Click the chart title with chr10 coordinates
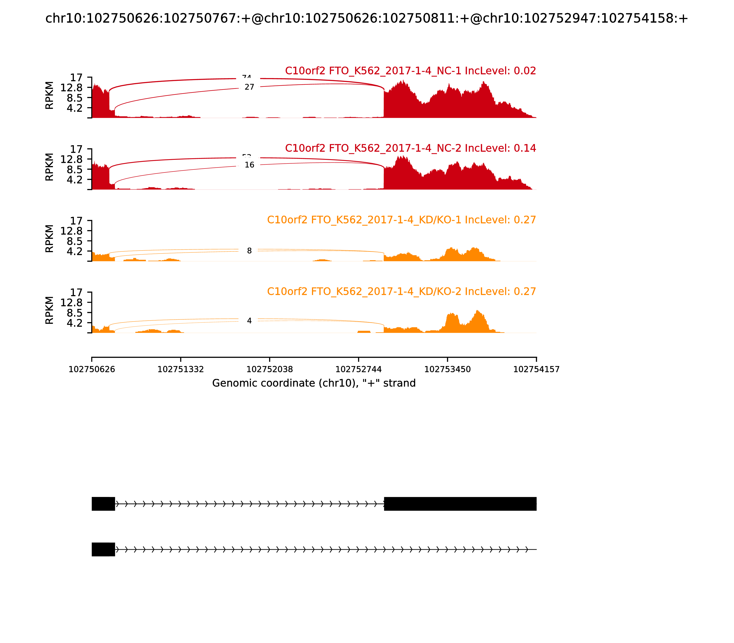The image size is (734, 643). pos(366,18)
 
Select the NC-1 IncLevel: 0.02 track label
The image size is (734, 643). pos(410,71)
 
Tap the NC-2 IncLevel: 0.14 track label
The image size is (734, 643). pos(410,148)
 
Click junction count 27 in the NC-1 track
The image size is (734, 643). pos(249,87)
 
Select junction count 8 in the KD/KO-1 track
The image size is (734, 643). pos(249,251)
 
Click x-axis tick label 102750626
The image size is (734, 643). pos(92,369)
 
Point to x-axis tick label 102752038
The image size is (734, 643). pos(270,369)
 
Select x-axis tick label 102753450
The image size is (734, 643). pos(447,369)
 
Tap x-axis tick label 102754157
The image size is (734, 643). pos(536,369)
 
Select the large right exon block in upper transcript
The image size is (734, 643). pos(460,504)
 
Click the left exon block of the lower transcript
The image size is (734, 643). pos(103,549)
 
